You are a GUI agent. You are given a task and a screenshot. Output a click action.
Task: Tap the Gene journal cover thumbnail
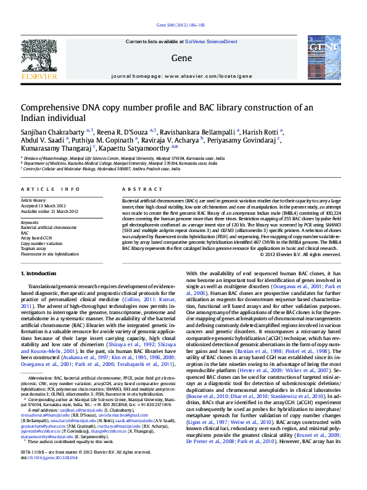tap(324, 59)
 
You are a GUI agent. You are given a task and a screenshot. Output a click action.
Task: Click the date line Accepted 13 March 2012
tap(44, 206)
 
